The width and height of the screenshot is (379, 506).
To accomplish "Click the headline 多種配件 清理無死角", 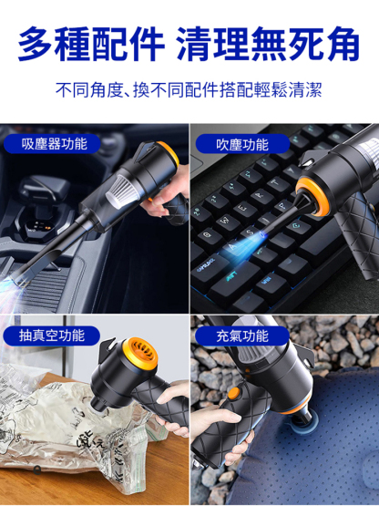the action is pyautogui.click(x=189, y=44).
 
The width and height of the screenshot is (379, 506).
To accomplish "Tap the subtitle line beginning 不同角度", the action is pyautogui.click(x=189, y=89).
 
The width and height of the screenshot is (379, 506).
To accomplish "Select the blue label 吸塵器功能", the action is pyautogui.click(x=52, y=144).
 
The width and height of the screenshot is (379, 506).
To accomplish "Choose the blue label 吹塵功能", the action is pyautogui.click(x=242, y=144).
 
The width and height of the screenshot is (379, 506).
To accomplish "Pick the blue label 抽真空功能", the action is pyautogui.click(x=52, y=336).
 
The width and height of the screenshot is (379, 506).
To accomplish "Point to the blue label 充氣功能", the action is pyautogui.click(x=242, y=336).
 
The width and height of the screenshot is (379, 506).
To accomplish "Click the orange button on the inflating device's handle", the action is pyautogui.click(x=234, y=393).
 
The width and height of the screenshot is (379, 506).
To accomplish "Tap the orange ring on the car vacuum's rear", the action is pyautogui.click(x=169, y=154).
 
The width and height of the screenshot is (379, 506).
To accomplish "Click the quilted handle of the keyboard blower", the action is pyautogui.click(x=358, y=232).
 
